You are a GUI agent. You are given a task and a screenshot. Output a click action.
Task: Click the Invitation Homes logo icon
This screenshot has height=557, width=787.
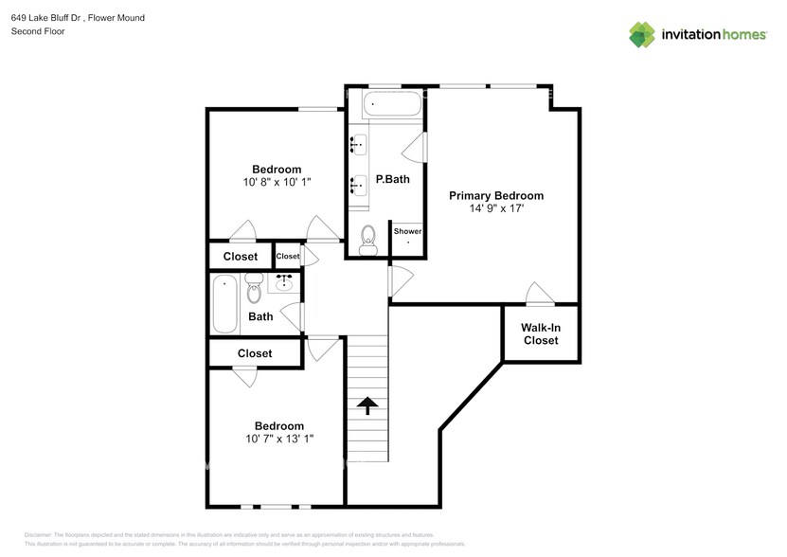(643, 34)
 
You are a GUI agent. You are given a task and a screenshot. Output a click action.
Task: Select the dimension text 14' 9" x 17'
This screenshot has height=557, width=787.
(496, 208)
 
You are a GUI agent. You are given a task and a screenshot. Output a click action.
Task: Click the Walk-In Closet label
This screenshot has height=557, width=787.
(541, 333)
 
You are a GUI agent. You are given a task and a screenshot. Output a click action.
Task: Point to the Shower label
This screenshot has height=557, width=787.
(407, 231)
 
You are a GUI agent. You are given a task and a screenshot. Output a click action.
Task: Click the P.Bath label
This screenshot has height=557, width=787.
(392, 179)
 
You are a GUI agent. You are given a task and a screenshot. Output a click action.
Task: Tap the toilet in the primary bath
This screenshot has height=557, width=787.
(368, 239)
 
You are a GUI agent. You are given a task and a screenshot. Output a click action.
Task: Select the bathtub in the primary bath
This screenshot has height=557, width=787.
(393, 104)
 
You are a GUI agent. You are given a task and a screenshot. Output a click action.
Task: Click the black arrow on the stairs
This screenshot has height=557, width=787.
(367, 405)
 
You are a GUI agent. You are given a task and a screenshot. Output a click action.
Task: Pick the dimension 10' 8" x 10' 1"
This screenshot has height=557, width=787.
(277, 182)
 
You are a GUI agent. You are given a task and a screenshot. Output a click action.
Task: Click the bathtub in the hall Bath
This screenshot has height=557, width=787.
(224, 303)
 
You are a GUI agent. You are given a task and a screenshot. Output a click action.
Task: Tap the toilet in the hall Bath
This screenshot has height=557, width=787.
(253, 289)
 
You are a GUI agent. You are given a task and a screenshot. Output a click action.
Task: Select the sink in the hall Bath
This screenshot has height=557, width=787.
(284, 281)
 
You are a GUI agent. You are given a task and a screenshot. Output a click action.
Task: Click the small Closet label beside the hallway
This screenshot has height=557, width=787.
(288, 256)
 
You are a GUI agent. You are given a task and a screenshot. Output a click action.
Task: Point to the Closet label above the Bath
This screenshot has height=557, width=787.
(240, 257)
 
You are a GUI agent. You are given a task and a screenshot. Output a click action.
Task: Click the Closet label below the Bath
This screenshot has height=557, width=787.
(254, 353)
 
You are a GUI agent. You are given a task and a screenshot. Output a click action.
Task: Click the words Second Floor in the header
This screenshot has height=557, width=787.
(36, 31)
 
